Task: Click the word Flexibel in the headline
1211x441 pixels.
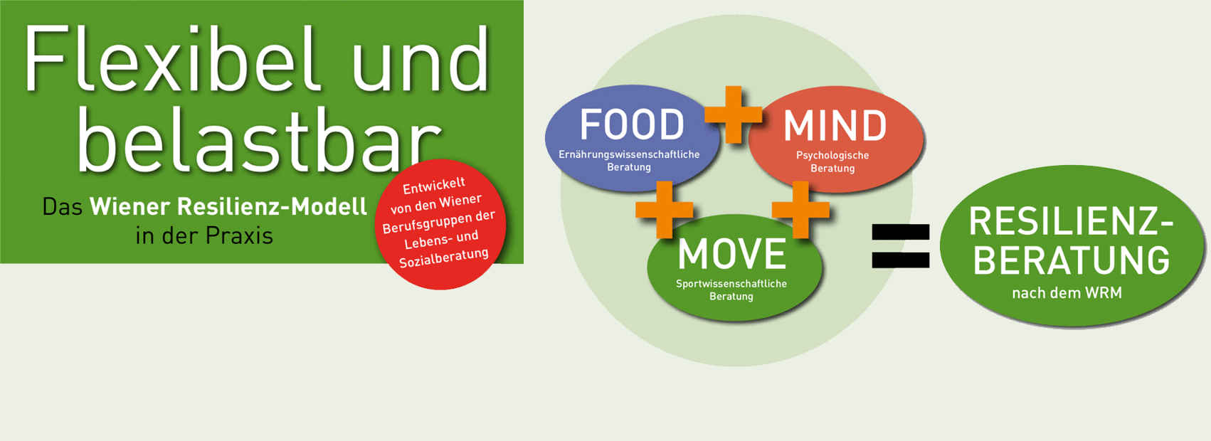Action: pos(172,60)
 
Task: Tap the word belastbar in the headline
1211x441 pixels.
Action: pos(260,139)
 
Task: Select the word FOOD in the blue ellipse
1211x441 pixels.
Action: pos(632,124)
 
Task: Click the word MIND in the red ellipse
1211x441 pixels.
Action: pos(835,125)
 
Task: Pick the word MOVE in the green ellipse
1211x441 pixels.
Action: pos(732,253)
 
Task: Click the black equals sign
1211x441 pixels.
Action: pos(901,246)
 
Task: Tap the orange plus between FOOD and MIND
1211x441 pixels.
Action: pos(733,115)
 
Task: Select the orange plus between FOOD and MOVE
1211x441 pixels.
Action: pos(665,210)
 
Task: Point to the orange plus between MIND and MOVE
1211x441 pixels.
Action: pos(800,210)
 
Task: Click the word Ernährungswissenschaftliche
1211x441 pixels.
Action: pos(629,154)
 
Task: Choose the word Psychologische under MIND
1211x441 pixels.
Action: pos(832,156)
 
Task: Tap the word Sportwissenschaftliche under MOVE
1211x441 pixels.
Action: pos(731,284)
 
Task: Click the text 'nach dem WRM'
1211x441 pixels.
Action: pos(1067,293)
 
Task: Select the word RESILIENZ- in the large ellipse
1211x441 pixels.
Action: pos(1071,222)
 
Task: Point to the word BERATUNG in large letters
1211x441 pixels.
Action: pos(1071,260)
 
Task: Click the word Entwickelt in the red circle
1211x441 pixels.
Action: pos(434,186)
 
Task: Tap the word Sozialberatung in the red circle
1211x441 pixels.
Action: pos(444,257)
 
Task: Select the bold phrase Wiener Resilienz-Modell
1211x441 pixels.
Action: pos(228,207)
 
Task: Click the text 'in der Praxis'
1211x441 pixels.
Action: pos(204,236)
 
